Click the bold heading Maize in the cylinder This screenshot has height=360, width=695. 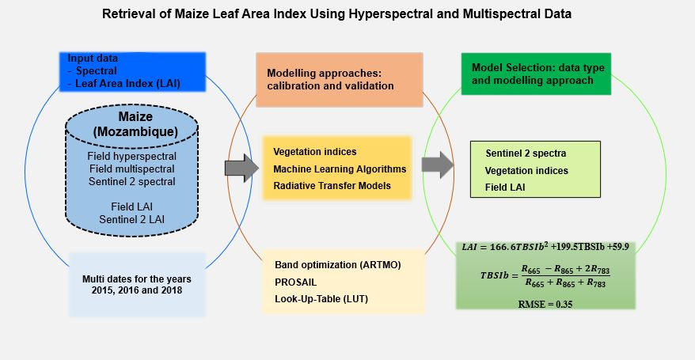tap(135, 116)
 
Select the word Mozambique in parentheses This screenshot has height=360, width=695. tap(135, 131)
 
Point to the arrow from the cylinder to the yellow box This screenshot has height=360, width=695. tap(242, 167)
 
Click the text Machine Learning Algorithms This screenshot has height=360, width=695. tap(340, 169)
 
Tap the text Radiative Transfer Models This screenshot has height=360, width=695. tap(332, 185)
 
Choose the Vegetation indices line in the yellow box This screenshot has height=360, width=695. tap(314, 151)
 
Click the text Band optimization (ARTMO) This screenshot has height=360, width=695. tap(337, 263)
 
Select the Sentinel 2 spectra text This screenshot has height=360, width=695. tap(525, 152)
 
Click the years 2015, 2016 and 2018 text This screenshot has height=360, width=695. tap(137, 290)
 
